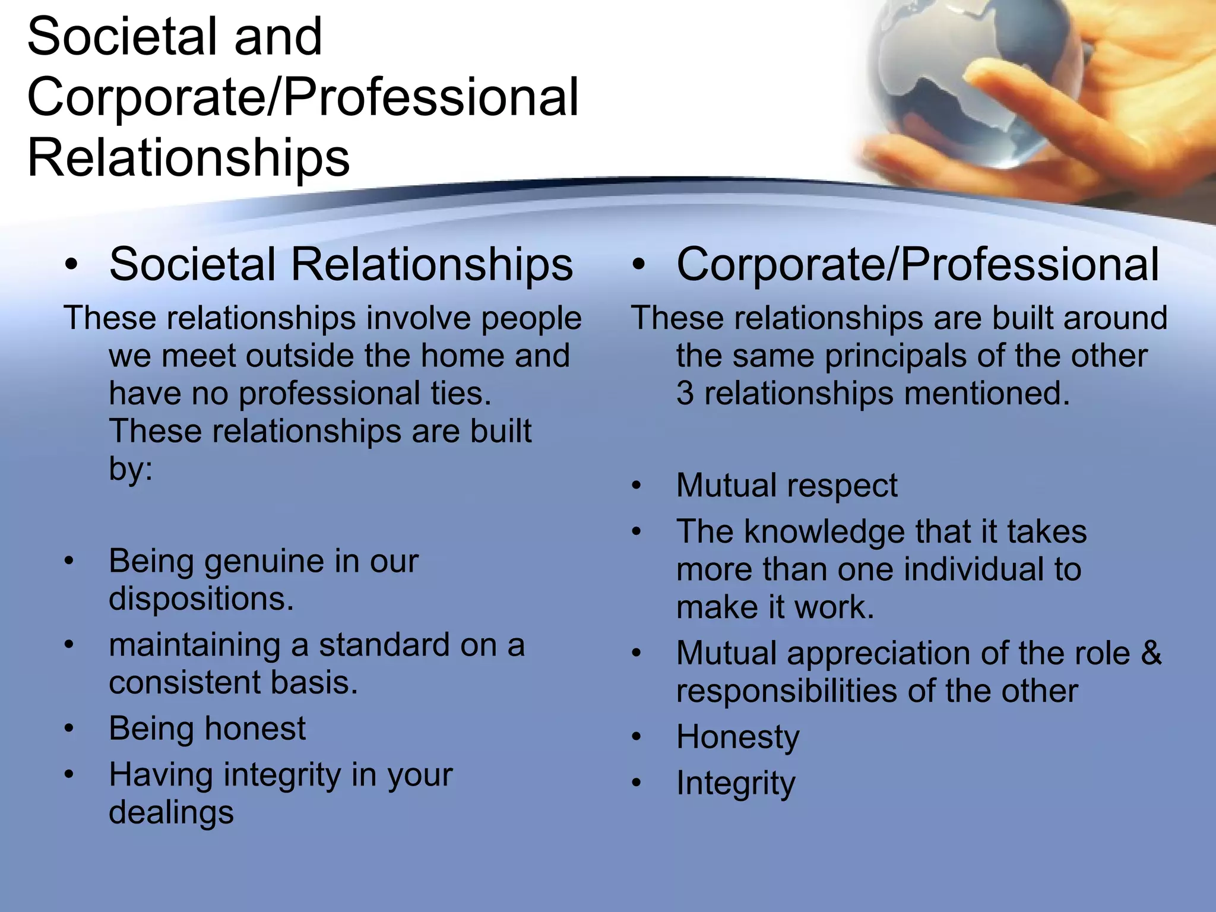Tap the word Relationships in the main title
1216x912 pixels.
(188, 158)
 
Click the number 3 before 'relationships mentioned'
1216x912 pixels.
(685, 394)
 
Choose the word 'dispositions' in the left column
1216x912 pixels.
(201, 599)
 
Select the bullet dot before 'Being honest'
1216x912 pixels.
(69, 729)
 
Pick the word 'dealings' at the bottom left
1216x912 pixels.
(171, 813)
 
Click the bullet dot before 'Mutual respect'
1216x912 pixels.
(636, 486)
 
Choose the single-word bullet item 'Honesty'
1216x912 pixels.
(738, 737)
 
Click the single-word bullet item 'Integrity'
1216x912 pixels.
(736, 784)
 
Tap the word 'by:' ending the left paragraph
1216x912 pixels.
(131, 469)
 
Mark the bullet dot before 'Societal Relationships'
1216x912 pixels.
(71, 265)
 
